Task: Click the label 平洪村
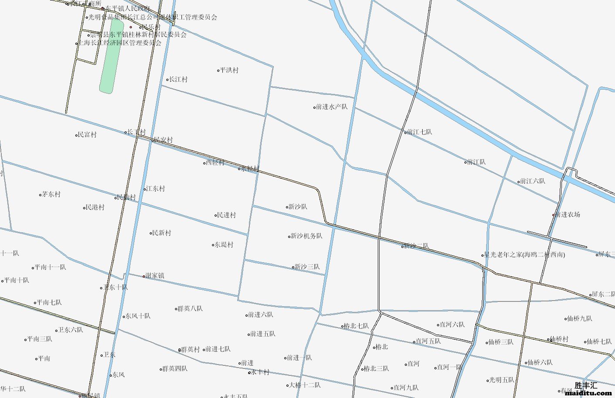tap(229, 70)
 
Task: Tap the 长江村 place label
tap(178, 80)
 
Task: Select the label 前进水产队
tap(332, 107)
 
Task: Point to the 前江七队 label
tap(420, 132)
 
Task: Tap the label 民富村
tap(87, 135)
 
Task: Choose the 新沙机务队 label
tap(306, 236)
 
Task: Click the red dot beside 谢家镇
tap(144, 276)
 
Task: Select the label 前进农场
tap(568, 214)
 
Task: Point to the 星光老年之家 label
tap(524, 255)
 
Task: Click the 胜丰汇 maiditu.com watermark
tap(588, 389)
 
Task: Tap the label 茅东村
tap(51, 194)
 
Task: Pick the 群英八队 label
tap(190, 309)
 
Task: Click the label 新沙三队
tap(307, 267)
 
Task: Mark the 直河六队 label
tap(452, 324)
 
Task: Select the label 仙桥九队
tap(580, 319)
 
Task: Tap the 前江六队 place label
tap(532, 181)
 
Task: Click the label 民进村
tap(226, 215)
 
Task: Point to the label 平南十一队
tap(50, 267)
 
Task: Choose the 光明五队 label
tap(502, 380)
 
